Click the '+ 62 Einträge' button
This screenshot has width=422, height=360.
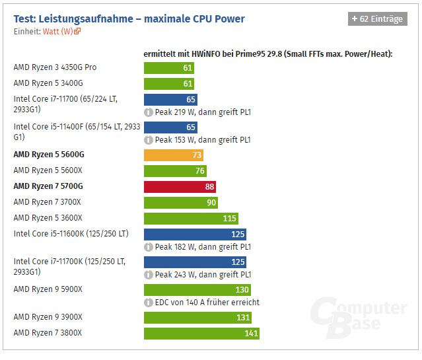pyautogui.click(x=377, y=19)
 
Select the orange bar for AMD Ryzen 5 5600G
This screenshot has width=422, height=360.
pyautogui.click(x=173, y=155)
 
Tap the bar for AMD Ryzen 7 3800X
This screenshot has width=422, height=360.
pyautogui.click(x=201, y=333)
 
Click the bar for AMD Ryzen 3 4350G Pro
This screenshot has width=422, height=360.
pyautogui.click(x=169, y=67)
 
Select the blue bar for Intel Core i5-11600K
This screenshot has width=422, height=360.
pyautogui.click(x=195, y=234)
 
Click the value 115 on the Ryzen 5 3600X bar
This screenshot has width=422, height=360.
pyautogui.click(x=230, y=219)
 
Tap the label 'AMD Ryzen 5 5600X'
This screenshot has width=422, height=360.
pyautogui.click(x=48, y=170)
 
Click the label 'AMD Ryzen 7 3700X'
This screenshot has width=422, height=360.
pyautogui.click(x=48, y=202)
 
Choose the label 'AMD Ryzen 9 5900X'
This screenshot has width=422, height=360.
pyautogui.click(x=48, y=289)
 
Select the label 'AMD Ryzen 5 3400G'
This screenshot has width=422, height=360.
pyautogui.click(x=48, y=83)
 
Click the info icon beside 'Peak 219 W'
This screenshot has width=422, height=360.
pyautogui.click(x=149, y=113)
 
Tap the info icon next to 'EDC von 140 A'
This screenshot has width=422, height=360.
pyautogui.click(x=149, y=303)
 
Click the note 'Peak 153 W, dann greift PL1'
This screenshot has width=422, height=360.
pyautogui.click(x=203, y=140)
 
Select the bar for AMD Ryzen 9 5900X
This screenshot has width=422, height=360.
pyautogui.click(x=197, y=290)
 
